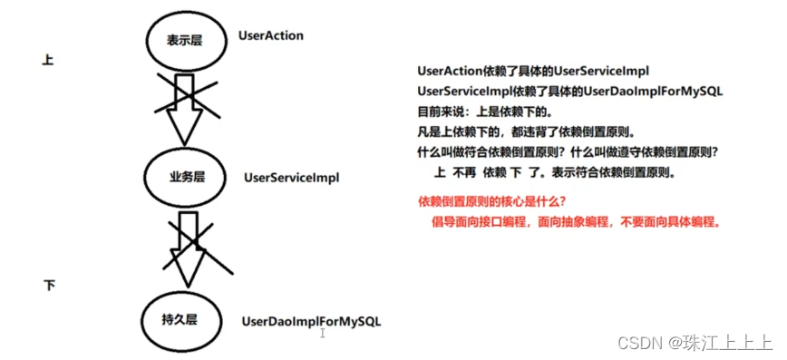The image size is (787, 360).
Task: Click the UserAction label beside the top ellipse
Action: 270,35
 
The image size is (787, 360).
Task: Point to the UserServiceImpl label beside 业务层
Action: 291,178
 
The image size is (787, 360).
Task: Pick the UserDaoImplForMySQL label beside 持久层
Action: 311,321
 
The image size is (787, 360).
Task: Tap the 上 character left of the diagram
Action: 48,60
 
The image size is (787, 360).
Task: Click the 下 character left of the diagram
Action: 49,286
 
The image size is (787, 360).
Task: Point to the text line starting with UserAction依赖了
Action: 533,71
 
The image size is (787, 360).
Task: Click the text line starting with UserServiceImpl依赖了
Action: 569,92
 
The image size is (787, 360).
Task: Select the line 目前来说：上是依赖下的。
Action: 484,112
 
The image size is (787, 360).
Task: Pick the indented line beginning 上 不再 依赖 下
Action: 556,172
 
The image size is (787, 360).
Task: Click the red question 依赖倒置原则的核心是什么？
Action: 495,200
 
